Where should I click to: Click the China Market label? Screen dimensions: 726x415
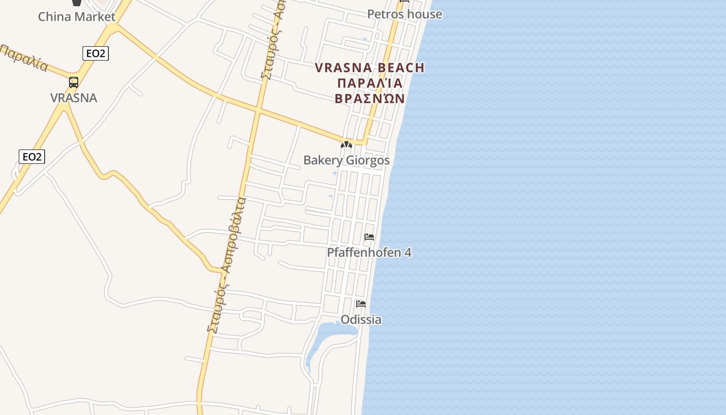click(77, 17)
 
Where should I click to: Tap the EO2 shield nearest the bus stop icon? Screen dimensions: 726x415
click(95, 53)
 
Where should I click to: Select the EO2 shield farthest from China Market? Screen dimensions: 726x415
click(32, 156)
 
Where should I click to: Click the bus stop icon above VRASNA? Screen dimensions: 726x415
click(74, 82)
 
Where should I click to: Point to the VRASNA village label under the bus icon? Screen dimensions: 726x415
click(74, 98)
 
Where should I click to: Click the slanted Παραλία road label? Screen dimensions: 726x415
click(24, 58)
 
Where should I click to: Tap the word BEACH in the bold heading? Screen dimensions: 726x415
click(401, 68)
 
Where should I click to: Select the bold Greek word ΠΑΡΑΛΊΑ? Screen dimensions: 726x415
click(370, 83)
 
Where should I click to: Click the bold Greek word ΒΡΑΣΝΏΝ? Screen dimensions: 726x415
click(370, 98)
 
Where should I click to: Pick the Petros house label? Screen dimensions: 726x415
click(404, 14)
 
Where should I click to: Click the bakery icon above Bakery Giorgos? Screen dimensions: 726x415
click(346, 145)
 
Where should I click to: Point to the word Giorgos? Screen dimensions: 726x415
click(367, 160)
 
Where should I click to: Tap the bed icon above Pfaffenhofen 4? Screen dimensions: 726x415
click(369, 237)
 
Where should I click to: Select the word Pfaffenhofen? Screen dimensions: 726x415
click(364, 253)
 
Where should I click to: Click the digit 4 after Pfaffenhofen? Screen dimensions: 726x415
click(408, 253)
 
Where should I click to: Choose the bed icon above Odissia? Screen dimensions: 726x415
click(361, 303)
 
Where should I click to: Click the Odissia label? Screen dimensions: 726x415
click(361, 320)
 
